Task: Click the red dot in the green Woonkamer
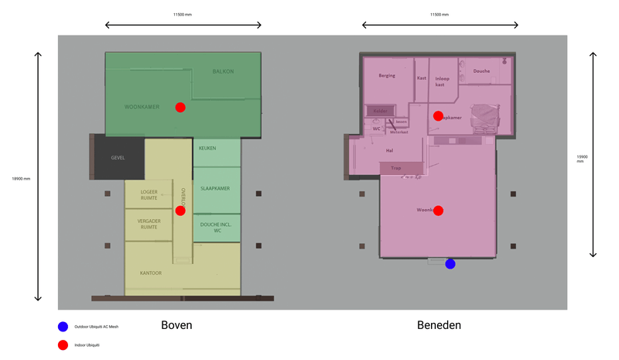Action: [180, 108]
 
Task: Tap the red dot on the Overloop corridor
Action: [180, 211]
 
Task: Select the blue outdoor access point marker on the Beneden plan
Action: [450, 264]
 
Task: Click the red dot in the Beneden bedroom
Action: [438, 116]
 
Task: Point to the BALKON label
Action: [223, 72]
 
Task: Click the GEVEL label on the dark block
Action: [118, 157]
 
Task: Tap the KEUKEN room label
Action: [207, 148]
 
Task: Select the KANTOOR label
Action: [150, 273]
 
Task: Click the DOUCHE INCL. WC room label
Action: [215, 228]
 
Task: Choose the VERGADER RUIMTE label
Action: [149, 224]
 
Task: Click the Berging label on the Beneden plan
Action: [387, 76]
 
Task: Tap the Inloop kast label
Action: [443, 81]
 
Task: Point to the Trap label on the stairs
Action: [396, 168]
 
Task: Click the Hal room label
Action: [390, 151]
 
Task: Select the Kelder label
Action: [380, 111]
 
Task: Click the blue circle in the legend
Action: [63, 327]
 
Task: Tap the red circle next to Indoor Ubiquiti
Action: [63, 345]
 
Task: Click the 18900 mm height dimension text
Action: [20, 179]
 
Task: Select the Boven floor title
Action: [176, 326]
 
